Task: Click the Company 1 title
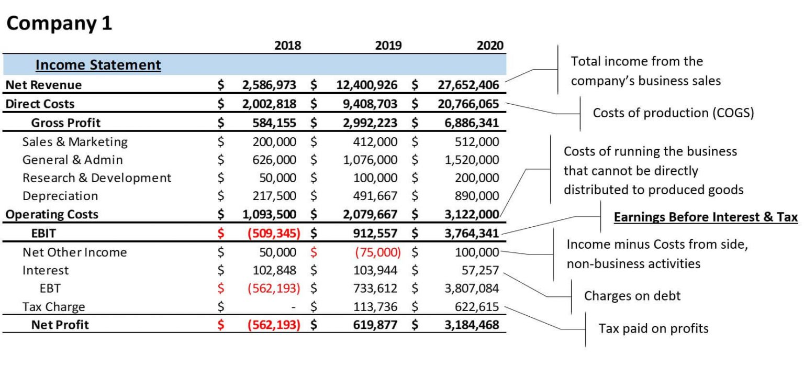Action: click(x=59, y=24)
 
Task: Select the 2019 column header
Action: click(x=388, y=46)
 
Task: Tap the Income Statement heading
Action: click(x=98, y=65)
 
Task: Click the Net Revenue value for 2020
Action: click(x=468, y=85)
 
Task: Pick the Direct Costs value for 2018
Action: click(x=269, y=104)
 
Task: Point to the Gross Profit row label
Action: click(x=65, y=123)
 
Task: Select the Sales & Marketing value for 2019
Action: click(x=375, y=142)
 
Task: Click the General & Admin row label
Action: click(x=73, y=160)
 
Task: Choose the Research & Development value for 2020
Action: click(x=477, y=178)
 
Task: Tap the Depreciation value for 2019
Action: click(x=375, y=196)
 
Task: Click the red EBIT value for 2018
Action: click(x=274, y=234)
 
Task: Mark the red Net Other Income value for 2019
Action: click(x=378, y=252)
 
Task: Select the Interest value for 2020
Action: click(x=480, y=270)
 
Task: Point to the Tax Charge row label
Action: click(x=54, y=307)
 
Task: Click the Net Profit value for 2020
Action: click(x=472, y=325)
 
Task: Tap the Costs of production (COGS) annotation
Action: click(x=673, y=113)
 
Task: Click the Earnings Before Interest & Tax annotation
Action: click(x=706, y=217)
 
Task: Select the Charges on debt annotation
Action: click(x=632, y=296)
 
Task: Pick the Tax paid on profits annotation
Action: click(x=653, y=328)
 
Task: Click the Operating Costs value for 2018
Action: click(x=269, y=215)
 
